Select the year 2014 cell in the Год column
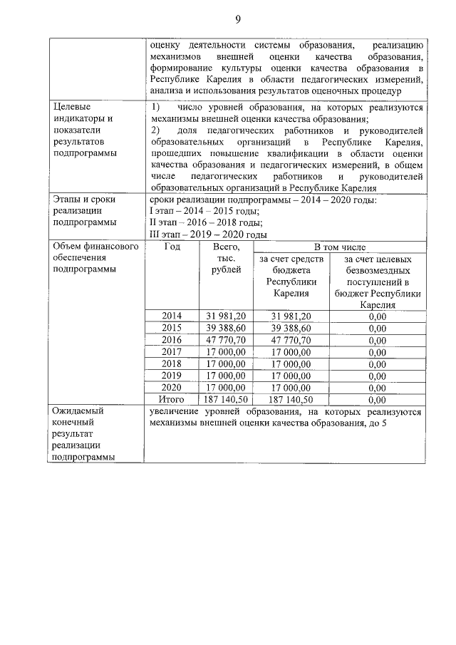click(x=172, y=316)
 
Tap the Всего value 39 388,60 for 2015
click(x=226, y=328)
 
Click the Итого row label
click(x=172, y=400)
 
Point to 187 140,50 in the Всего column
click(x=226, y=400)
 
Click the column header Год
click(x=172, y=247)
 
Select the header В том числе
click(x=338, y=247)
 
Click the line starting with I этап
click(x=204, y=212)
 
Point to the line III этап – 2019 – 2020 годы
click(x=209, y=234)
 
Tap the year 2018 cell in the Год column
click(x=172, y=363)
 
